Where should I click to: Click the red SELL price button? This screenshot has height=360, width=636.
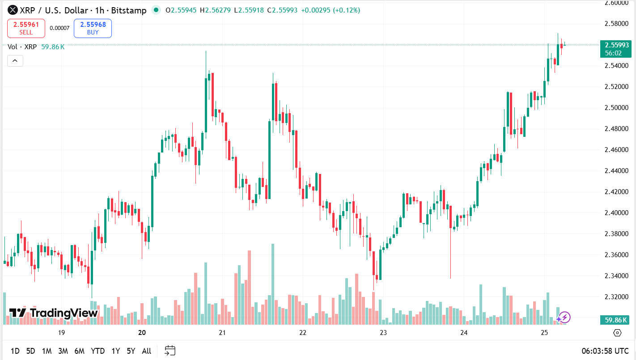pos(26,28)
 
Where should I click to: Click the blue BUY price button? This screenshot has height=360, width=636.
pos(93,28)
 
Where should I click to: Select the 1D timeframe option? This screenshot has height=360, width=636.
pos(15,351)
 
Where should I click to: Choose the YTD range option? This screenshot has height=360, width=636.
pos(98,351)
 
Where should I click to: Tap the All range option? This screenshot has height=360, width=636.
pos(146,351)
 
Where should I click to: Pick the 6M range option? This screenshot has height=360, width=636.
pos(80,351)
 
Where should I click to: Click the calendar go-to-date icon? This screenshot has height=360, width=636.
pos(170,351)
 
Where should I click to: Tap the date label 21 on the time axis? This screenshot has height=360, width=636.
pos(222,333)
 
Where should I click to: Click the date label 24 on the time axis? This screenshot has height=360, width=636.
pos(464,333)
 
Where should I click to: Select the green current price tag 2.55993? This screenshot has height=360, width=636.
pos(616,45)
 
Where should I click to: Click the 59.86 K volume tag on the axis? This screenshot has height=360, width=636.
pos(616,320)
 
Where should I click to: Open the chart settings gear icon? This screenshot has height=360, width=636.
pos(617,333)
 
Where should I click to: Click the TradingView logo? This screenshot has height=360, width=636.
pos(54,313)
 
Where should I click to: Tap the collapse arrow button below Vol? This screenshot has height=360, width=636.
pos(15,61)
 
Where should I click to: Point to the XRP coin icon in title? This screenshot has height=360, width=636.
pos(13,10)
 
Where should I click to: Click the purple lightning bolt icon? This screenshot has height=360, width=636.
pos(564,318)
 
